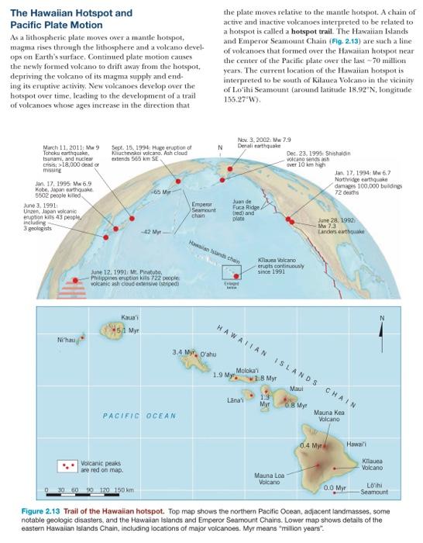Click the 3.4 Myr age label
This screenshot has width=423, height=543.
[183, 352]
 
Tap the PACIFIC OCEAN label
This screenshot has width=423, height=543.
[141, 416]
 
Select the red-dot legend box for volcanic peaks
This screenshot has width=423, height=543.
[70, 467]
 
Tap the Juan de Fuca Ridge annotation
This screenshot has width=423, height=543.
[248, 208]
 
